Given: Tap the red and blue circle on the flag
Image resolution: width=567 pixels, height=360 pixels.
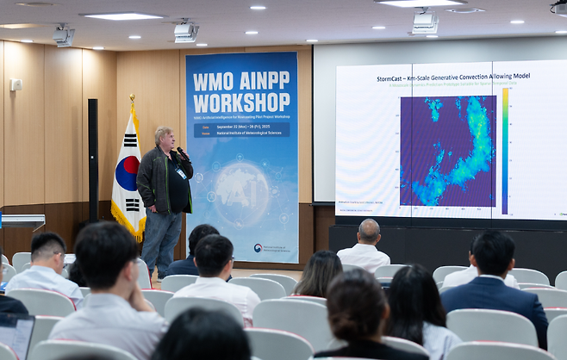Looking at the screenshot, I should [126, 173].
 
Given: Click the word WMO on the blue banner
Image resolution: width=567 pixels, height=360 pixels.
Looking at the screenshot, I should [213, 83].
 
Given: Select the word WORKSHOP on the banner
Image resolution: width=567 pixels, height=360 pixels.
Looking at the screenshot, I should [241, 102].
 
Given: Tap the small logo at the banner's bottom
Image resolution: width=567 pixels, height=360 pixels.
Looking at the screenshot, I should [258, 248].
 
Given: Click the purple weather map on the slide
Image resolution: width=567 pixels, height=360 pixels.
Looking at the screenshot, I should [447, 151].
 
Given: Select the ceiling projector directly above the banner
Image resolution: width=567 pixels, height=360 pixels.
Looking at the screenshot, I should [185, 33].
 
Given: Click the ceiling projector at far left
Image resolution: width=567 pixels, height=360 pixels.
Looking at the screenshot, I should [64, 36].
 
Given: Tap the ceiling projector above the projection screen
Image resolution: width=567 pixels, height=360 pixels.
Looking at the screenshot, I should [424, 23].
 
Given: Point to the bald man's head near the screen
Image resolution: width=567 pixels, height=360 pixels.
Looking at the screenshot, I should [369, 230].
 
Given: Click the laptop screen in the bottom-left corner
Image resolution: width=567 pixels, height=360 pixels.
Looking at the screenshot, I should [16, 335].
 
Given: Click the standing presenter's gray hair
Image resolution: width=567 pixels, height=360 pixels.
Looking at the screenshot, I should [163, 133].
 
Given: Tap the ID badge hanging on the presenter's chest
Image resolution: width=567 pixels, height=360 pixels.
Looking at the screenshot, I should [181, 173].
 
